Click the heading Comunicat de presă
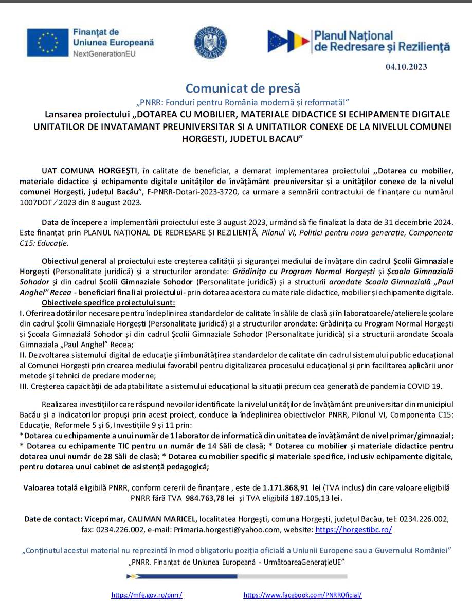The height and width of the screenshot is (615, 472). [243, 88]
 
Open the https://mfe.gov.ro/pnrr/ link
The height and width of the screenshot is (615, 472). [147, 595]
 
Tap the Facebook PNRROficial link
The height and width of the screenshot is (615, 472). [302, 595]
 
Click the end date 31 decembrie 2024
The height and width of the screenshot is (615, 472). [415, 222]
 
